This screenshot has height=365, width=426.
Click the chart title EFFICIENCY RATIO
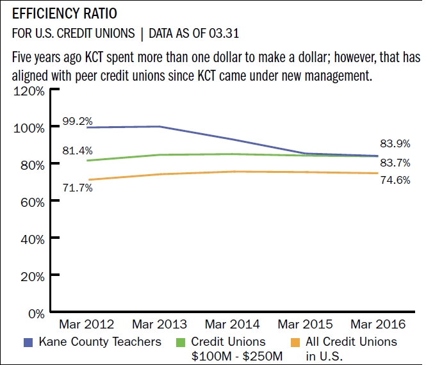tap(65, 13)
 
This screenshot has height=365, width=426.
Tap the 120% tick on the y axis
tap(28, 91)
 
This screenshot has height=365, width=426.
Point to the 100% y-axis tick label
tap(28, 127)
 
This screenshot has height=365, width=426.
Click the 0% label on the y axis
tap(35, 314)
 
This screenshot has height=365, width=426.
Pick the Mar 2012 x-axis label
tap(86, 325)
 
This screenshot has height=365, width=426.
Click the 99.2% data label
tap(78, 121)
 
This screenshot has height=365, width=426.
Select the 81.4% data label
tap(78, 151)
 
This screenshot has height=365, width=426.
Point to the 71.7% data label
tap(78, 188)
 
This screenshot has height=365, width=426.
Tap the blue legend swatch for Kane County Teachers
tap(28, 342)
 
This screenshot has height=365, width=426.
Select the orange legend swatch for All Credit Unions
tap(295, 342)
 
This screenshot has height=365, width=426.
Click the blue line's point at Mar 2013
tap(159, 127)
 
